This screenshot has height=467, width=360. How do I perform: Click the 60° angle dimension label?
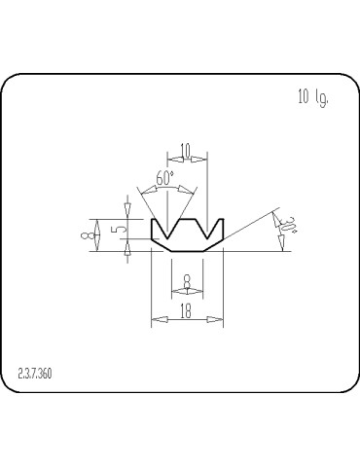click(x=164, y=180)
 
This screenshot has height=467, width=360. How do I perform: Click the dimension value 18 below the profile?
click(x=186, y=310)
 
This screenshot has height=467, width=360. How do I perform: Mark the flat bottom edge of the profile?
click(x=186, y=250)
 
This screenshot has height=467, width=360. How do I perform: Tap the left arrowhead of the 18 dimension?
click(x=154, y=318)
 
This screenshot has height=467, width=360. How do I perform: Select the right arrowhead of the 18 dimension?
click(x=219, y=318)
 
